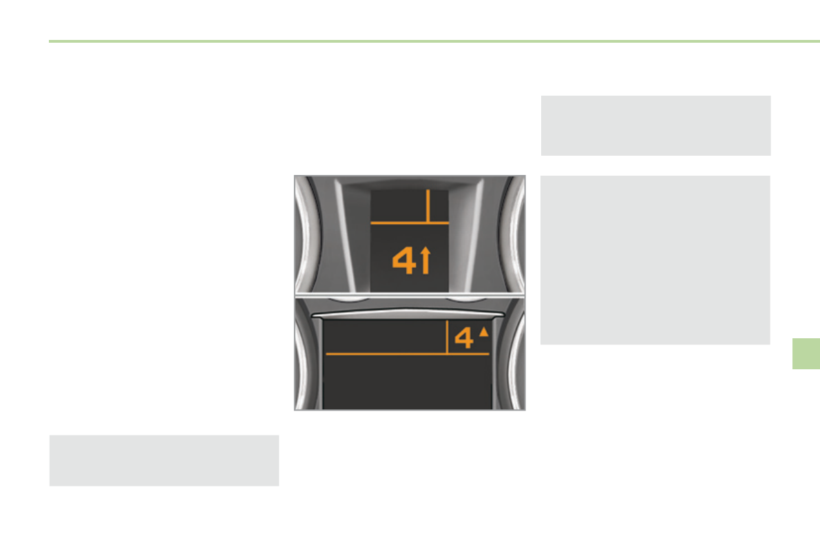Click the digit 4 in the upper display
pyautogui.click(x=403, y=260)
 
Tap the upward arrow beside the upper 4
pyautogui.click(x=425, y=260)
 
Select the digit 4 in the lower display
pyautogui.click(x=464, y=338)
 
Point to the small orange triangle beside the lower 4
pyautogui.click(x=484, y=331)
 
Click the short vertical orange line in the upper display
pyautogui.click(x=428, y=206)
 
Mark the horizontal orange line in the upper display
pyautogui.click(x=410, y=223)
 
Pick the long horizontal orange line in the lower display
pyautogui.click(x=408, y=354)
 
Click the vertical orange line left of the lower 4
pyautogui.click(x=447, y=337)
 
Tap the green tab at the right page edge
pyautogui.click(x=806, y=354)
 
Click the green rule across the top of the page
pyautogui.click(x=434, y=41)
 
